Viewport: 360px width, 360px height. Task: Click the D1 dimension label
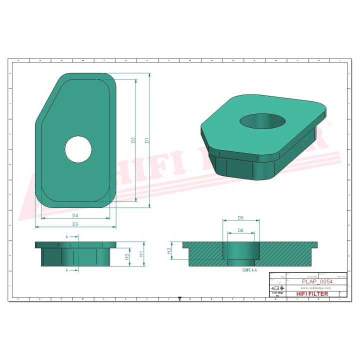point(147,140)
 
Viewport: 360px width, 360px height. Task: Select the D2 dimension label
point(133,140)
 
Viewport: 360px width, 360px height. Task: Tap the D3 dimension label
point(75,224)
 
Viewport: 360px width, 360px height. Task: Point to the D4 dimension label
point(75,215)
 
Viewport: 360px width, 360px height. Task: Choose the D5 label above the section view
point(240,218)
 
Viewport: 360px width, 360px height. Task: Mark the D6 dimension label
point(240,230)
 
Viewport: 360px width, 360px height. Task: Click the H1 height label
point(141,253)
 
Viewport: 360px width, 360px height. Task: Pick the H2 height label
point(169,250)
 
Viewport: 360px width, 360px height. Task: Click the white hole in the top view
point(78,149)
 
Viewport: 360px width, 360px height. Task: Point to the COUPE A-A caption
point(249,270)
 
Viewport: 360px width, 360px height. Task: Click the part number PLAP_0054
point(317,281)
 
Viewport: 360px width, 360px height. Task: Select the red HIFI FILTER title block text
point(312,294)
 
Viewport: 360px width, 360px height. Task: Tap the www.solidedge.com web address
point(317,288)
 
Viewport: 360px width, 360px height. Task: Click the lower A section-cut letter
point(67,270)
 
